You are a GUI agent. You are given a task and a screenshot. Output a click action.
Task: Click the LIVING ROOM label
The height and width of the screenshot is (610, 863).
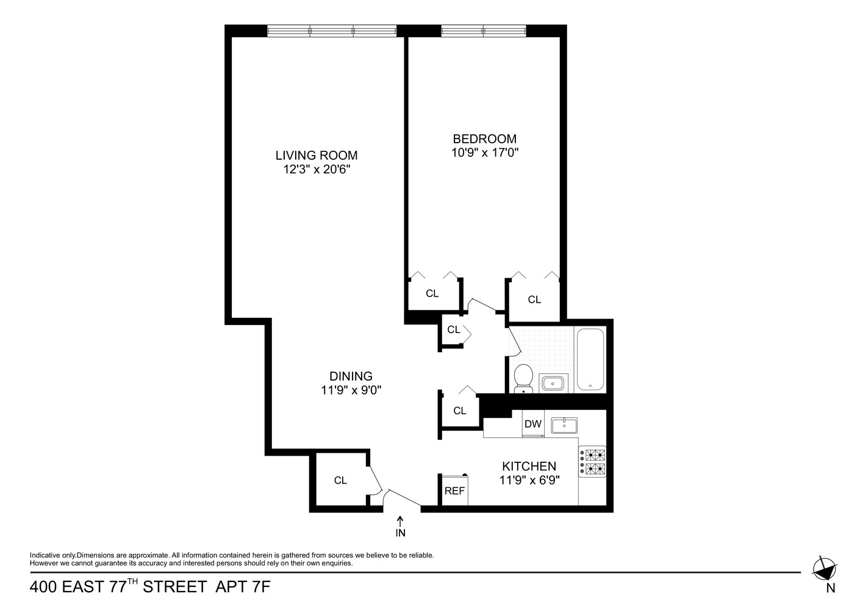coord(316,155)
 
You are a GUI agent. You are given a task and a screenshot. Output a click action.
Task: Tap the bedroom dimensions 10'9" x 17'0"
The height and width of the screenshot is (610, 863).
coord(484,153)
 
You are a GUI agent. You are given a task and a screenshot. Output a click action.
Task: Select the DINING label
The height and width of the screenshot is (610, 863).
coord(351,376)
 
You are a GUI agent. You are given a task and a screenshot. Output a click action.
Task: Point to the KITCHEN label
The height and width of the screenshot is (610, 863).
coord(529,466)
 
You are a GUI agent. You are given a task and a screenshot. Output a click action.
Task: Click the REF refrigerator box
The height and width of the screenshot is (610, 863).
coord(454,490)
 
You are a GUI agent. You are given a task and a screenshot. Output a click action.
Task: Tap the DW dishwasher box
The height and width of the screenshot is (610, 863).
coord(533,425)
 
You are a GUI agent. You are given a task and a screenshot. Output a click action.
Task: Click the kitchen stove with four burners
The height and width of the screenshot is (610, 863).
coord(593,463)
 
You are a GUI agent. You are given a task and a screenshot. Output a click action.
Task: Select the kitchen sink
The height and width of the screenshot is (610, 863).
coord(564,425)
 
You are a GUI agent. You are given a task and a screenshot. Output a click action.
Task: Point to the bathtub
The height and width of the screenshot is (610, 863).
coord(590,360)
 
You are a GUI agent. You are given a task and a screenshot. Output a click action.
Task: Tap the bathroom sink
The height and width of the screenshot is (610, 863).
coord(554,383)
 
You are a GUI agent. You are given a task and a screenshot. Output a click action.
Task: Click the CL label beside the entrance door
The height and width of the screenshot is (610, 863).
coord(340,481)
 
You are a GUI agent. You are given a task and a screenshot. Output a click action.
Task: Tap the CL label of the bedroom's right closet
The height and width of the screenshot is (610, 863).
coord(534,300)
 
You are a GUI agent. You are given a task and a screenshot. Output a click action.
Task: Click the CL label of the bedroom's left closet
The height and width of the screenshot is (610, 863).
coord(432,293)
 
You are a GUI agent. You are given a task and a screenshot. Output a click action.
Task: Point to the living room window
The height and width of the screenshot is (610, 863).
coord(332,30)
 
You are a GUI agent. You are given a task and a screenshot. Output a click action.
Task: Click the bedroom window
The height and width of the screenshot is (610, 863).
coord(483,30)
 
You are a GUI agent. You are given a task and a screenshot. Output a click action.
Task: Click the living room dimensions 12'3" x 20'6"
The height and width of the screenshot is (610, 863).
coord(316,170)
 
